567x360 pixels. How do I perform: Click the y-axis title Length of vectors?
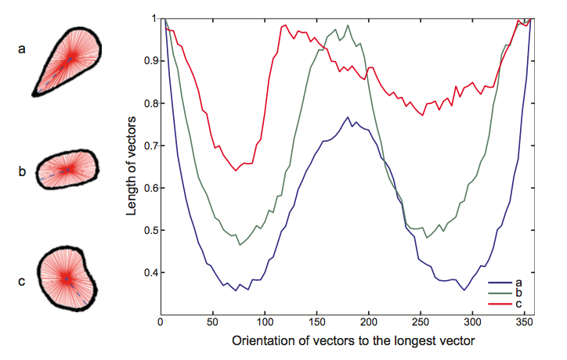click(134, 166)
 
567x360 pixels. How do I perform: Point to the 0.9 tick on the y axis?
click(147, 61)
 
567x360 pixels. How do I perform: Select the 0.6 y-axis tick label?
click(147, 189)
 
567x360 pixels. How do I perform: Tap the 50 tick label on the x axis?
click(212, 323)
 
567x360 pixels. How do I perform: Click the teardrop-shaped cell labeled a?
click(63, 59)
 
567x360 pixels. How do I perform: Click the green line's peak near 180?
click(348, 26)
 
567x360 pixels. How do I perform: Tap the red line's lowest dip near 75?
click(235, 170)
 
